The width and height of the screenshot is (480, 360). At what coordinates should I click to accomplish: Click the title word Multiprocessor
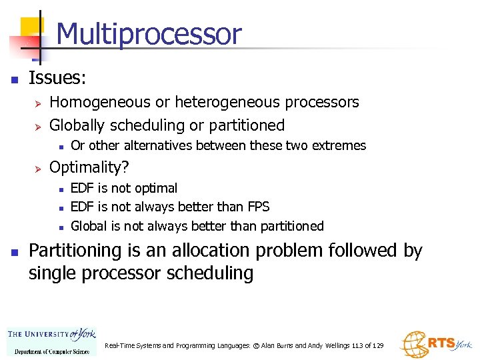tap(149, 34)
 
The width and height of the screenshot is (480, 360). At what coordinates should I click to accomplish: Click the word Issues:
tap(57, 79)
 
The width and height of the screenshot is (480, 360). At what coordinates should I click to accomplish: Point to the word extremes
tap(341, 145)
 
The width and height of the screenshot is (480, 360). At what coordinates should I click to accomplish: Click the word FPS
tap(257, 207)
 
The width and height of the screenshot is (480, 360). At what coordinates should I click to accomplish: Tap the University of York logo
tap(51, 341)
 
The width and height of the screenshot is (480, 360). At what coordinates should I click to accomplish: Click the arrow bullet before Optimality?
tap(38, 167)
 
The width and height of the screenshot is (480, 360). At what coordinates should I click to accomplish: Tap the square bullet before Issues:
tap(14, 79)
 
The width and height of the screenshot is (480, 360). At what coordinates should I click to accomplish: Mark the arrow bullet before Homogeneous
tap(38, 103)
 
